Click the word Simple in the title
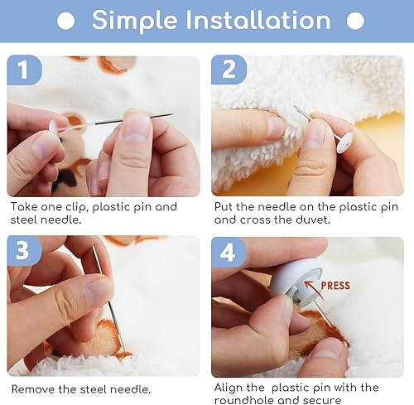(x=132, y=20)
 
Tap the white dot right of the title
(x=354, y=21)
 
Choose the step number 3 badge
(x=25, y=251)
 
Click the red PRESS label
(x=335, y=286)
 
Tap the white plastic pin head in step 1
(x=55, y=127)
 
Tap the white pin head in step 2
(x=344, y=141)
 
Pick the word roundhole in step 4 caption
(x=244, y=400)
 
